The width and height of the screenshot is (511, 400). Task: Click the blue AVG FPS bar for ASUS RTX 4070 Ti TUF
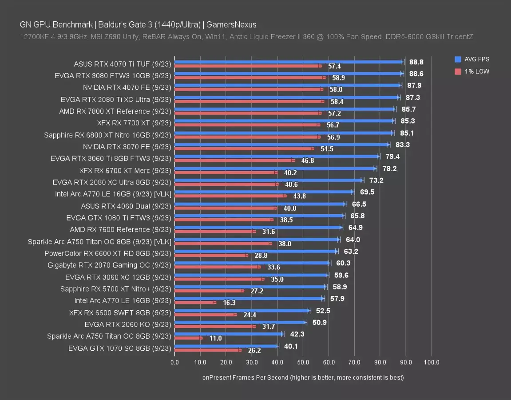[289, 62]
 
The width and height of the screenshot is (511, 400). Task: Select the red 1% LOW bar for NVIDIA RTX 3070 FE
[244, 148]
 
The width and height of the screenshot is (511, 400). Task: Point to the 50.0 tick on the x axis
[303, 362]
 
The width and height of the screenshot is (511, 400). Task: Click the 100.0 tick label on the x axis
[431, 362]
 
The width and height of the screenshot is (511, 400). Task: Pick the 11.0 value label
[215, 338]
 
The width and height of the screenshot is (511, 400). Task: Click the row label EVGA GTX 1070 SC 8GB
[119, 348]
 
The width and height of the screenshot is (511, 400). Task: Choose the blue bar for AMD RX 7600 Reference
[257, 227]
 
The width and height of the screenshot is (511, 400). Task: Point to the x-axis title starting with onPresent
[303, 377]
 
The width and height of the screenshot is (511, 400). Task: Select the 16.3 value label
[229, 303]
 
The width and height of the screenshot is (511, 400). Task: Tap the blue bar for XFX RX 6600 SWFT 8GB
[242, 310]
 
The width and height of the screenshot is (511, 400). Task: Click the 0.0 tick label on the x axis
[174, 362]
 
